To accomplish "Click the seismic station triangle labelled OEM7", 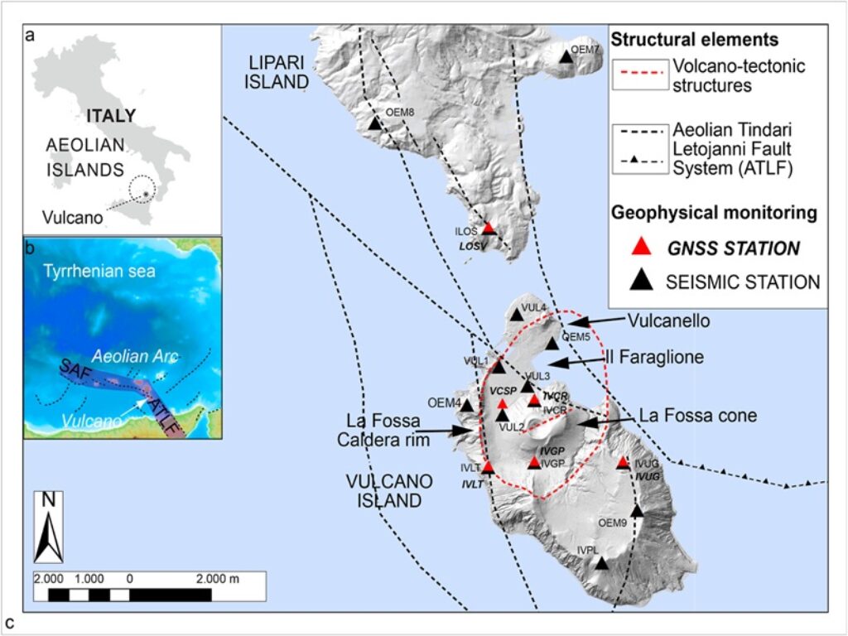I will pyautogui.click(x=566, y=56).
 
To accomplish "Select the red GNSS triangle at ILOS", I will pyautogui.click(x=489, y=228).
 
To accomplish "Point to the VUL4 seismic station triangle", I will pyautogui.click(x=518, y=313).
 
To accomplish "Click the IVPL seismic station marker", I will pyautogui.click(x=602, y=563).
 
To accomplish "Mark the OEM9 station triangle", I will pyautogui.click(x=637, y=510).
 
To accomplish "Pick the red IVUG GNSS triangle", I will pyautogui.click(x=624, y=463).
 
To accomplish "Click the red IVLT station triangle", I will pyautogui.click(x=489, y=467).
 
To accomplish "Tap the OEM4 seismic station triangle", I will pyautogui.click(x=467, y=406).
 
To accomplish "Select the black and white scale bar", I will pyautogui.click(x=149, y=594).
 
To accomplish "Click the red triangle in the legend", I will pyautogui.click(x=638, y=247).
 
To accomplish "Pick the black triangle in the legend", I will pyautogui.click(x=638, y=282).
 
